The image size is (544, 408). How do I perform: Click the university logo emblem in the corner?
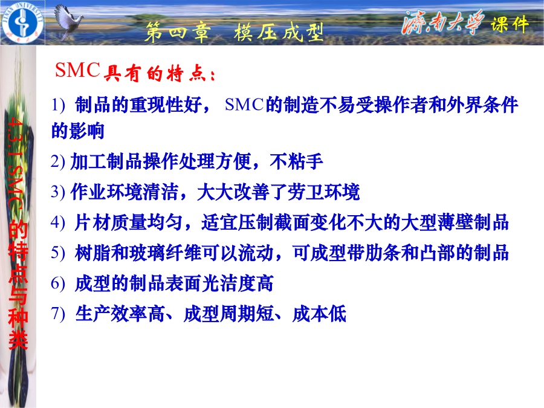[22, 23]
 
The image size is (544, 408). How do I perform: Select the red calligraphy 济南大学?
[443, 22]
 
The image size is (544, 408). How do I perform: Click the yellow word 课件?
[510, 24]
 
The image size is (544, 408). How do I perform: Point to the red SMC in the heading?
[78, 70]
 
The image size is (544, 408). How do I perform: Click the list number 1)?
[58, 105]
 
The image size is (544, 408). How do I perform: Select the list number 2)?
[57, 161]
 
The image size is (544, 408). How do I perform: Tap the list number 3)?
[57, 192]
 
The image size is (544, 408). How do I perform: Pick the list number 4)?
[57, 222]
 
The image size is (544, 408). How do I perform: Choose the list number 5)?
[57, 253]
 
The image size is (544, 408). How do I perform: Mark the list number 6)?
[57, 283]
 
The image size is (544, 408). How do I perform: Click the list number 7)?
[57, 314]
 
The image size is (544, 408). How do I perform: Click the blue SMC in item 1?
[245, 105]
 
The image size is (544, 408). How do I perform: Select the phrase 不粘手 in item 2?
[296, 161]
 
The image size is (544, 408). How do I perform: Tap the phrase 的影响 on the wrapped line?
[78, 131]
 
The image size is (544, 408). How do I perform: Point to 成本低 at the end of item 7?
[319, 314]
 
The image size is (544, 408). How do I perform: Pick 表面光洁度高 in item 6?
[219, 283]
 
